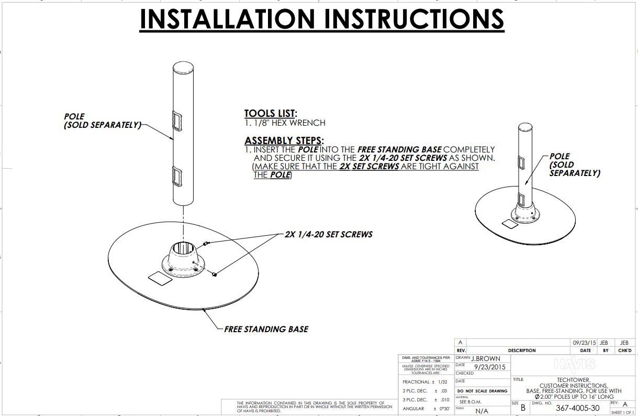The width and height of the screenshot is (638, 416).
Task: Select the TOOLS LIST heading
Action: tap(271, 114)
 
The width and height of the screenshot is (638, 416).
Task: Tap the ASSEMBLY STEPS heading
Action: tap(284, 141)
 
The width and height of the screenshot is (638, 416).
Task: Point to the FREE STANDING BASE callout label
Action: tap(266, 330)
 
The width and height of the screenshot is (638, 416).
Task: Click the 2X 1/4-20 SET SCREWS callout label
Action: tap(328, 234)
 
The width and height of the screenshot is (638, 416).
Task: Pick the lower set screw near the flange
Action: tap(214, 273)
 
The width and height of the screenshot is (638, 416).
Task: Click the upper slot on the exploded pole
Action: tap(177, 121)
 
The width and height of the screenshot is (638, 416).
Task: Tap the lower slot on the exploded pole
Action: tap(177, 177)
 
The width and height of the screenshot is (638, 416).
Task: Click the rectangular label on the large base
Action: tap(160, 278)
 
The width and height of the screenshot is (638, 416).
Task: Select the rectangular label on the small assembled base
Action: tap(508, 224)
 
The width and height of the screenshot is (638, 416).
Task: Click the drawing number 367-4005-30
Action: tap(577, 408)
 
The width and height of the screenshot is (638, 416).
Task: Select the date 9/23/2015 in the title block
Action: tap(490, 367)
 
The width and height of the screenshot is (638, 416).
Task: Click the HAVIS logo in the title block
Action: tap(574, 364)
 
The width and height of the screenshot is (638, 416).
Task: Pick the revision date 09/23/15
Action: tap(585, 342)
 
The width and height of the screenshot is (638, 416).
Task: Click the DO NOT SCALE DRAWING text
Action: tap(482, 391)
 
